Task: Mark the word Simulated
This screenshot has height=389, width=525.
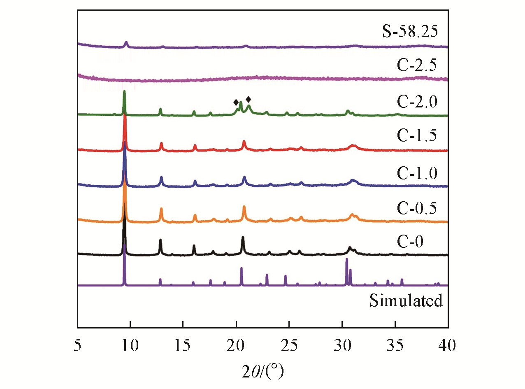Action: point(406,300)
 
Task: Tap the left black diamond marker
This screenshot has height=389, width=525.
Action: point(236,102)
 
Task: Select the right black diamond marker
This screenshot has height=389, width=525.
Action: point(248,99)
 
